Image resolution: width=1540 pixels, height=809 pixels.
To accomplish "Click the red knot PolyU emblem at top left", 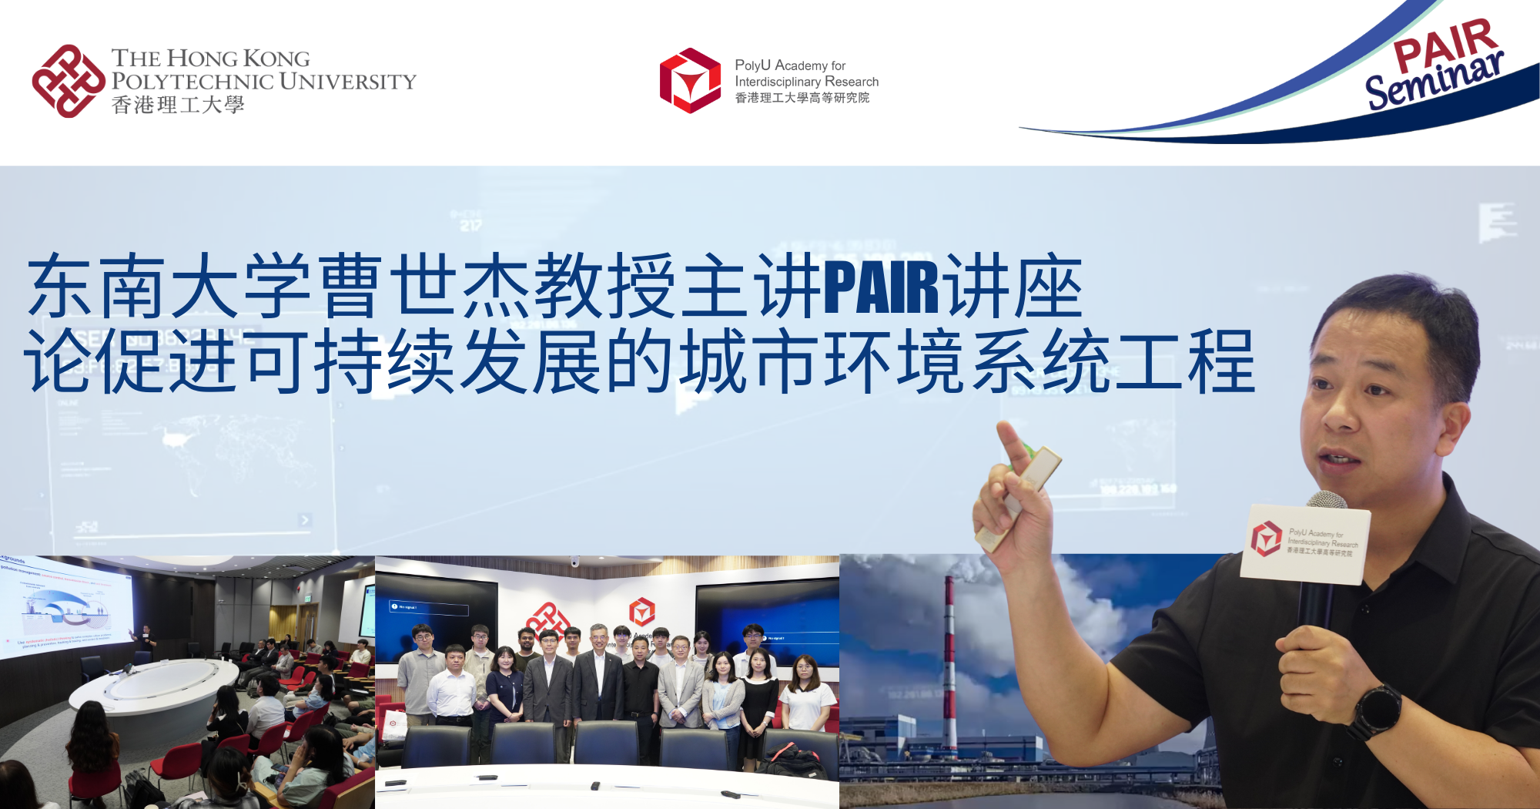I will (68, 81).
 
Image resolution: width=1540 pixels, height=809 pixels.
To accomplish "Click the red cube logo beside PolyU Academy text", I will (690, 80).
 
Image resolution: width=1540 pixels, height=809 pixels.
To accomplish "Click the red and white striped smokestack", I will (950, 663).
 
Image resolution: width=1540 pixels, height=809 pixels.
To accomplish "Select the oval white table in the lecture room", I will (154, 686).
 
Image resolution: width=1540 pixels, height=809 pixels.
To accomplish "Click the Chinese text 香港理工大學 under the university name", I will (178, 106).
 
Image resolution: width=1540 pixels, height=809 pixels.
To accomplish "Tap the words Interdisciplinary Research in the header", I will (806, 82).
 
